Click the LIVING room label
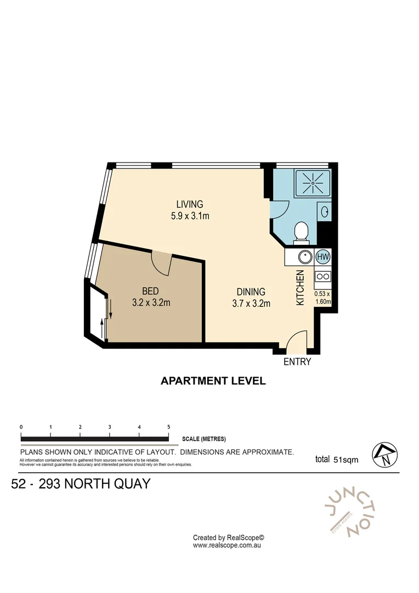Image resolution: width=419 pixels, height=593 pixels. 189,204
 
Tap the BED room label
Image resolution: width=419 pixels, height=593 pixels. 151,291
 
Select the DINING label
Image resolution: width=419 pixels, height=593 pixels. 251,292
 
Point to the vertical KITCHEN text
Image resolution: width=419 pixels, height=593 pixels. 300,288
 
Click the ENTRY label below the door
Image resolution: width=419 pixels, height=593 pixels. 297,362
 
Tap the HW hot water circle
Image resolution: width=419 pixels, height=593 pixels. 324,256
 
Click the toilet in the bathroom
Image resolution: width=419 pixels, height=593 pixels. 301,232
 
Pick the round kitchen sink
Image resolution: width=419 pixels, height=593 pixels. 304,256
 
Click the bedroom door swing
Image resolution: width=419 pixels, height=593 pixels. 162,262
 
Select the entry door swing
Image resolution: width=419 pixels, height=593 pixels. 296,341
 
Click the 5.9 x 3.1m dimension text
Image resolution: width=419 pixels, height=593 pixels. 189,216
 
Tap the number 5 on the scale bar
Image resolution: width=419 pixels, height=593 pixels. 168,427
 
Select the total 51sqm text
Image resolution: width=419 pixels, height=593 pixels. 336,460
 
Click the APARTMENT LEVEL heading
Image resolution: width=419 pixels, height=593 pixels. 213,381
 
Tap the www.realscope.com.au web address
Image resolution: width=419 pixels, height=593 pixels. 229,546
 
